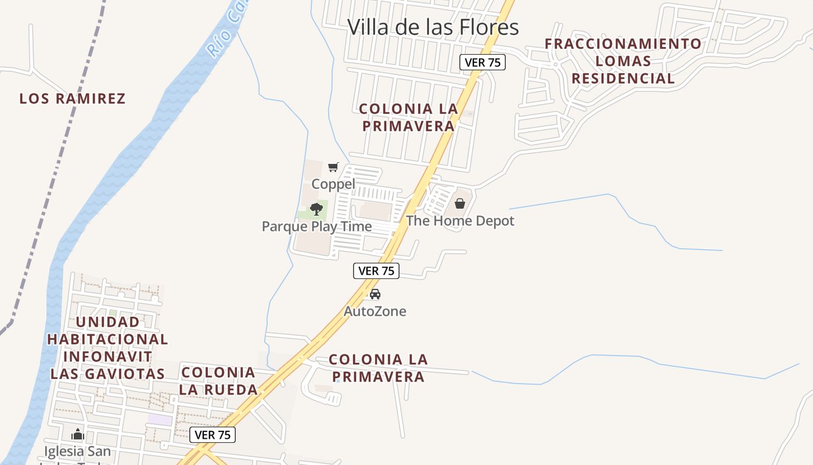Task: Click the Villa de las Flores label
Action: coord(433,27)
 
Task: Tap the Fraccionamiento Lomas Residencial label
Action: coord(623,61)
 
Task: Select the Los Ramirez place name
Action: coord(73,99)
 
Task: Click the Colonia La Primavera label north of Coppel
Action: coord(408,117)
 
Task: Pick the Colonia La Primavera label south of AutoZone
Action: coord(378,368)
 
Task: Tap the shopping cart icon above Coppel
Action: coord(333,167)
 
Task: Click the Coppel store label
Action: coord(333,184)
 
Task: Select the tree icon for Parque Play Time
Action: coord(316,209)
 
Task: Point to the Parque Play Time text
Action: coord(316,226)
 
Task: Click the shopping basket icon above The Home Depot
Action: coord(460,203)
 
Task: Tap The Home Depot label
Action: coord(460,221)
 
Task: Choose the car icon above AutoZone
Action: coord(375,294)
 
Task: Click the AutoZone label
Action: coord(375,311)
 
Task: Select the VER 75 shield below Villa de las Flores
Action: coord(483,62)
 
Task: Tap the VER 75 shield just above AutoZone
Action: coord(376,270)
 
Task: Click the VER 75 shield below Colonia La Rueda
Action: coord(213,435)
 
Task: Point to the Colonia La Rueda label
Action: coord(218,381)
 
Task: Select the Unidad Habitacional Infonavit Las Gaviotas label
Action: coord(107,348)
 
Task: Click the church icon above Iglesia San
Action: coord(78,434)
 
